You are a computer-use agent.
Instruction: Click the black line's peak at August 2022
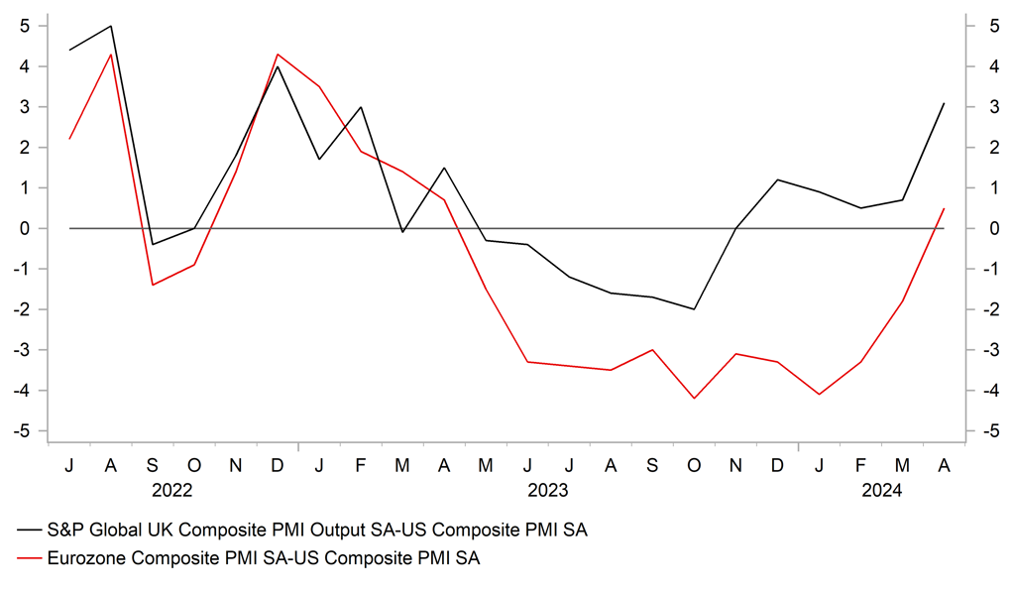[110, 26]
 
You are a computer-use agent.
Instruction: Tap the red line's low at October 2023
[694, 399]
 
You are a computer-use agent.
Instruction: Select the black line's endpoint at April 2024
[944, 103]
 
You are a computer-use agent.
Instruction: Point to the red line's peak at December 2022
[277, 55]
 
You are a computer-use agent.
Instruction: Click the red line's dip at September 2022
[153, 285]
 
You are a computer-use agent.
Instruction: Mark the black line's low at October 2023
[694, 309]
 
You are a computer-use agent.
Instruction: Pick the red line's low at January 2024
[819, 395]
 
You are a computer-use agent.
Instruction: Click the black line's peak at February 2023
[361, 107]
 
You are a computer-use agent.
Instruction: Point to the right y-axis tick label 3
[989, 107]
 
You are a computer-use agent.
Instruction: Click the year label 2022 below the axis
[172, 489]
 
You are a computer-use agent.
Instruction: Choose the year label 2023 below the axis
[548, 489]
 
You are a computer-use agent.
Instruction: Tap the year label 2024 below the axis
[881, 489]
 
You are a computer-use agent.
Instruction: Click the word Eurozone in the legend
[89, 559]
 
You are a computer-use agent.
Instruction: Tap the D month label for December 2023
[777, 464]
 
